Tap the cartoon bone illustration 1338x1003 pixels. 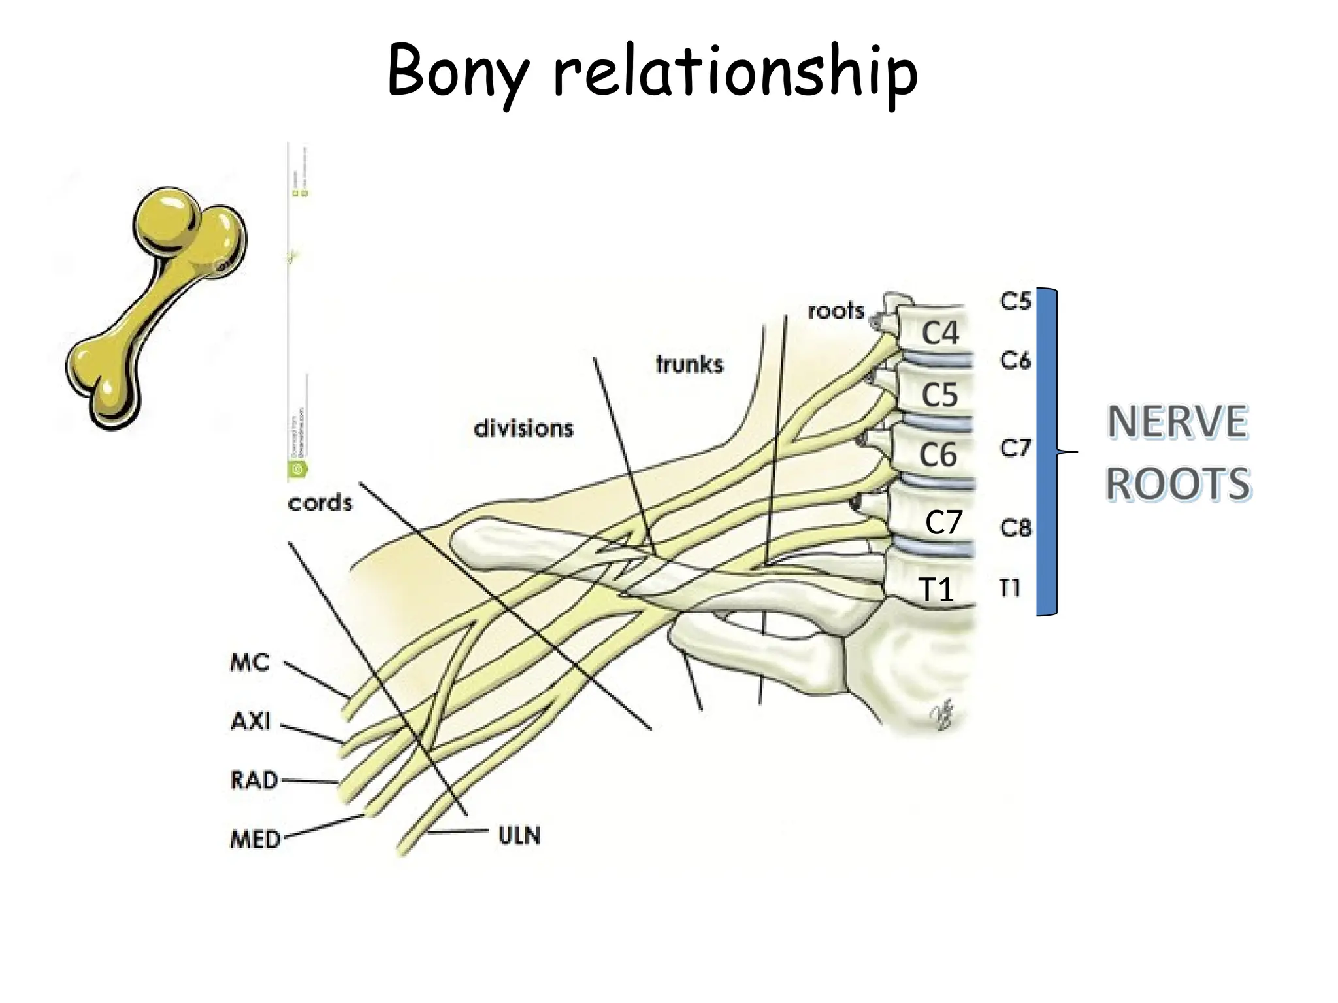point(157,307)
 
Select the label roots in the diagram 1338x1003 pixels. point(836,311)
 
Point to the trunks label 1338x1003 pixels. point(689,364)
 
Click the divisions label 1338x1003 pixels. point(523,429)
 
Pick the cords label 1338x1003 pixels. point(320,503)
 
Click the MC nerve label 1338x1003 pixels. point(250,663)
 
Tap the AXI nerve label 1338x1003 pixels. point(251,722)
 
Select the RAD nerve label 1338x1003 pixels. point(254,780)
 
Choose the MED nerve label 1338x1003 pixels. point(255,839)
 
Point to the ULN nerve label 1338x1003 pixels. point(519,835)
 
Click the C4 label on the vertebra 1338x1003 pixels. point(940,333)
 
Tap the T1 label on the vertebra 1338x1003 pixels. point(936,590)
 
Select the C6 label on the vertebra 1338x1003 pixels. point(938,454)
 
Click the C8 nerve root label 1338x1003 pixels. point(1015,528)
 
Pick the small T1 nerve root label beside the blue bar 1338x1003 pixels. point(1010,588)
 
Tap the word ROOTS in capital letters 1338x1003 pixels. point(1178,484)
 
